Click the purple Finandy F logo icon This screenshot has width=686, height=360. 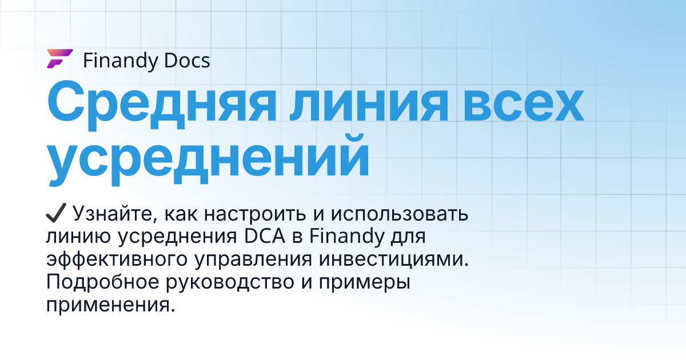pos(59,59)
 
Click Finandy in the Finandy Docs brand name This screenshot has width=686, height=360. pos(118,61)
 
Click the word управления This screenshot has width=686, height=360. pos(252,259)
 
